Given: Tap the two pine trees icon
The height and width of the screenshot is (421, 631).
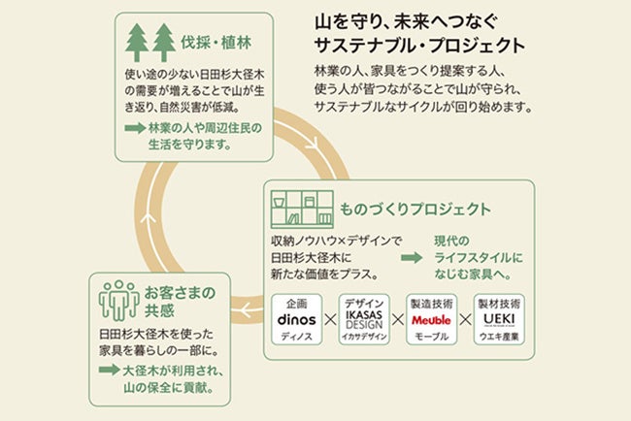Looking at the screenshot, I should tap(150, 42).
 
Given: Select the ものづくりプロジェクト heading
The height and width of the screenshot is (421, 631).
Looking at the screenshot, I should tap(414, 209).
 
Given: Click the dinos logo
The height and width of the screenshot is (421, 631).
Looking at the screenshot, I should tap(297, 318).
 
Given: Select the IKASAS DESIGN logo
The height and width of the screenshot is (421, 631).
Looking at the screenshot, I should tap(363, 318).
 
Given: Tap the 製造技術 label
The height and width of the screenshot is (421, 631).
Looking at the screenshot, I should tap(430, 302).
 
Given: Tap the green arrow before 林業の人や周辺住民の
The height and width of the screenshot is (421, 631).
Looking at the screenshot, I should tap(134, 127).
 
